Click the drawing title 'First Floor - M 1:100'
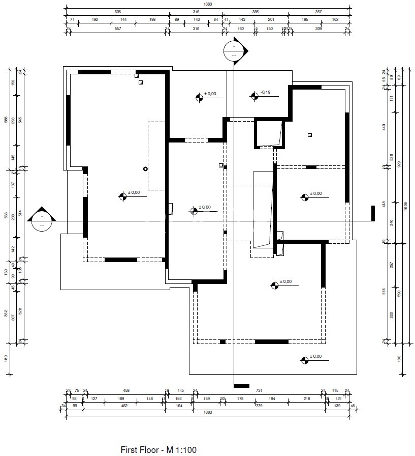click(x=158, y=449)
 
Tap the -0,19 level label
click(x=265, y=92)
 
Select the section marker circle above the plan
click(x=233, y=51)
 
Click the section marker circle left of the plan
click(x=41, y=222)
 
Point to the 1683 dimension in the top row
click(x=207, y=4)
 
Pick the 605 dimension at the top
click(x=118, y=11)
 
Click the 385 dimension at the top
click(x=256, y=11)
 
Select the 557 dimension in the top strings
click(x=118, y=28)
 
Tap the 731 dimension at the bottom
click(x=258, y=390)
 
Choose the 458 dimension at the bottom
click(x=126, y=390)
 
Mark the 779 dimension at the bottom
click(x=258, y=406)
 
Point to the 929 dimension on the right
click(x=399, y=164)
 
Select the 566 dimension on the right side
click(x=384, y=291)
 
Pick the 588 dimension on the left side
click(x=6, y=120)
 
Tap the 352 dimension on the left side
click(x=6, y=313)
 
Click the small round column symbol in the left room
click(x=145, y=168)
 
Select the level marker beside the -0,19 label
click(x=253, y=95)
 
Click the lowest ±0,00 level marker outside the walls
click(x=304, y=360)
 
